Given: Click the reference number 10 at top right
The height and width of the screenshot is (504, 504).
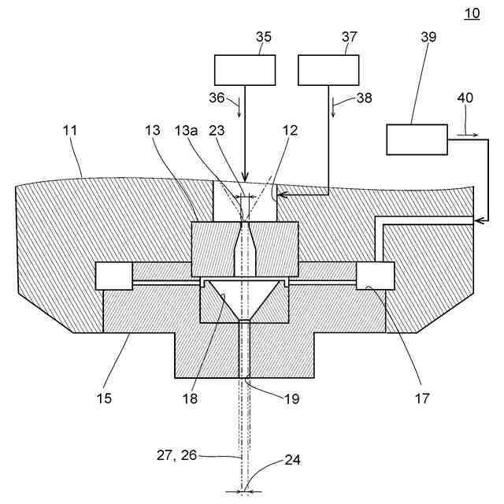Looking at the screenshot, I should pyautogui.click(x=472, y=13).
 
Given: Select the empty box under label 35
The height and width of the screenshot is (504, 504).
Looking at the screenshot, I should pyautogui.click(x=245, y=69).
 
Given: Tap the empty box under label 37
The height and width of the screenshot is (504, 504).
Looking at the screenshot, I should pyautogui.click(x=328, y=69).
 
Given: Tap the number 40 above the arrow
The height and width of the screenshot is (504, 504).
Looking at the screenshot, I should pyautogui.click(x=465, y=98).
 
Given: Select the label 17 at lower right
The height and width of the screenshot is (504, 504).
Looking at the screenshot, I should pyautogui.click(x=421, y=398).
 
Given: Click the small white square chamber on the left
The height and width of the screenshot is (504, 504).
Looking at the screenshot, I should pyautogui.click(x=113, y=275).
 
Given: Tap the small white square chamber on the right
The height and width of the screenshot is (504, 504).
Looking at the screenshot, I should pyautogui.click(x=375, y=275).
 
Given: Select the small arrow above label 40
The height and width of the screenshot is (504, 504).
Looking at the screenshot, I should pyautogui.click(x=465, y=135).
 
